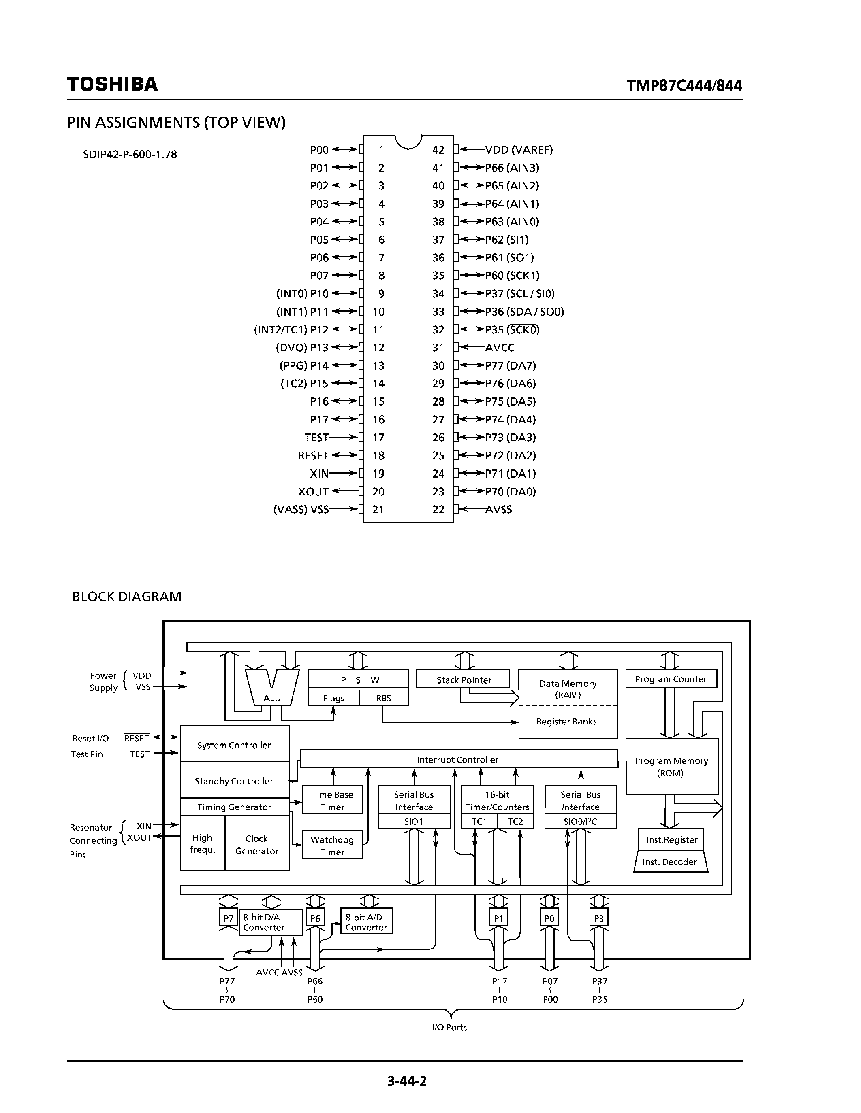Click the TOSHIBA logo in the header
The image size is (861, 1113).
tap(112, 84)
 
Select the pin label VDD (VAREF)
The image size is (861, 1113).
tap(519, 150)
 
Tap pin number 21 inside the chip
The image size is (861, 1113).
tap(378, 509)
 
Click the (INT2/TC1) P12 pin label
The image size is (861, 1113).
tap(291, 330)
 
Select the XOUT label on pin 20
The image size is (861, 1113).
tap(313, 491)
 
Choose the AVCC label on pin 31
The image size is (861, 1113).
tap(499, 348)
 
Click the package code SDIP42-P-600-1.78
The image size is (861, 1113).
tap(130, 155)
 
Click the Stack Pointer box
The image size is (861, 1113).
tap(463, 680)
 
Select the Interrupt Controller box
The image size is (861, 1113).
tap(457, 759)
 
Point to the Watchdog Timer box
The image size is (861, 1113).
tap(332, 845)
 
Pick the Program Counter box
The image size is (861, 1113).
tap(670, 679)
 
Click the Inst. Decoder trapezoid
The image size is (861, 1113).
tap(670, 862)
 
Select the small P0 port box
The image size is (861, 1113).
tap(549, 918)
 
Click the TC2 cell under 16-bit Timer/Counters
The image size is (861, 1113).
tap(515, 821)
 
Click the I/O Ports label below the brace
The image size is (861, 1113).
tap(449, 1027)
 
